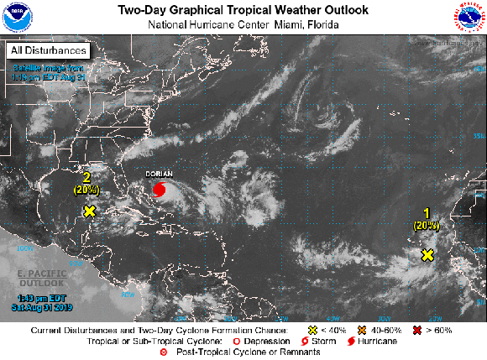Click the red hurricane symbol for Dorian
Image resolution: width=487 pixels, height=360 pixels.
[x=159, y=190]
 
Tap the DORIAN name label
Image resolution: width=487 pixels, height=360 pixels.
[x=160, y=175]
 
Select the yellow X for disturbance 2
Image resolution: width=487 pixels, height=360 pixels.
[x=89, y=211]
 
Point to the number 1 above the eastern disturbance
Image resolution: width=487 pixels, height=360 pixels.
[x=427, y=213]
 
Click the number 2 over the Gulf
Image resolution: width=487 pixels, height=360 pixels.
[x=86, y=176]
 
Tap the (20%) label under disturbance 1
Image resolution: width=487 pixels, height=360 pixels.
[x=427, y=225]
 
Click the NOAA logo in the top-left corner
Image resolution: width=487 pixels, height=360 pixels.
[x=17, y=16]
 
